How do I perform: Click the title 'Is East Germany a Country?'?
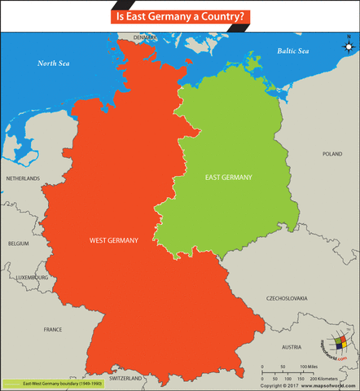[x=179, y=15]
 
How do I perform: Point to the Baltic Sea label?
[x=292, y=51]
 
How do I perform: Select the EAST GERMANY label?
[x=228, y=177]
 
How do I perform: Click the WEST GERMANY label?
[x=113, y=240]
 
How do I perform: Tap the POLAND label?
[x=331, y=154]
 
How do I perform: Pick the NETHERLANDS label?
[x=23, y=178]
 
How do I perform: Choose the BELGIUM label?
[x=19, y=244]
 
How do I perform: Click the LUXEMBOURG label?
[x=33, y=277]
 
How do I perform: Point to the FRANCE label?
[x=52, y=330]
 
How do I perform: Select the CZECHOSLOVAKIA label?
[x=289, y=299]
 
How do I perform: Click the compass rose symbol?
[x=347, y=46]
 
